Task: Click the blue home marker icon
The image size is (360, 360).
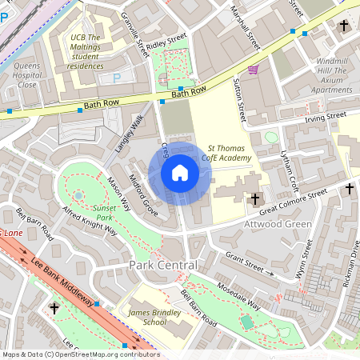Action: coord(180,173)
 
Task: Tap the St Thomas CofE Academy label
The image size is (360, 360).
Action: coord(230,153)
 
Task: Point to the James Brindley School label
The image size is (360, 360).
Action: coord(143,317)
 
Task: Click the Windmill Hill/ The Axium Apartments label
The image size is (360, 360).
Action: coord(330,75)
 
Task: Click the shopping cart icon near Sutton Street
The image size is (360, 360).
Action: coord(253,70)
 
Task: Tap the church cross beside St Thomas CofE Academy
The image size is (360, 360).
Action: coord(255,198)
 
